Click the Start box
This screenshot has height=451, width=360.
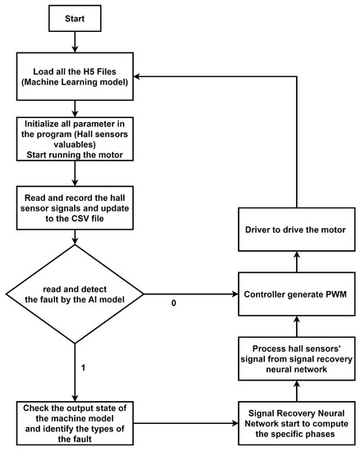(75, 16)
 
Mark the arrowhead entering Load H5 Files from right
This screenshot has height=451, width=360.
(140, 76)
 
